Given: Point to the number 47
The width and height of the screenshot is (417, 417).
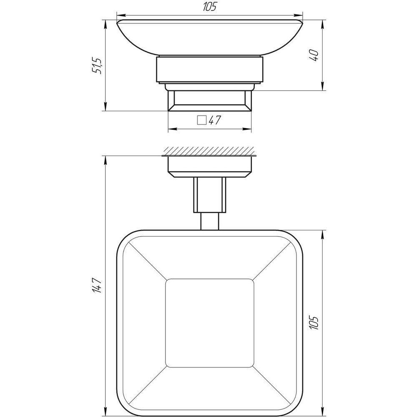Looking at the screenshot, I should point(214,121).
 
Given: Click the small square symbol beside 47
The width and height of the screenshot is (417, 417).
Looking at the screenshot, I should point(202,121).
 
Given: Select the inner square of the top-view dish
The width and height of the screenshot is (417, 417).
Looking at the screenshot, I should point(210,323).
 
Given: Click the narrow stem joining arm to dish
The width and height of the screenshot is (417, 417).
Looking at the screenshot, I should point(210,221).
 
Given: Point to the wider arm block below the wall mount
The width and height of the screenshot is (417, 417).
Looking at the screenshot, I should point(210,194).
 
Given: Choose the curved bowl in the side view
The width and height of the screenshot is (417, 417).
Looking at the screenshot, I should point(210,38).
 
